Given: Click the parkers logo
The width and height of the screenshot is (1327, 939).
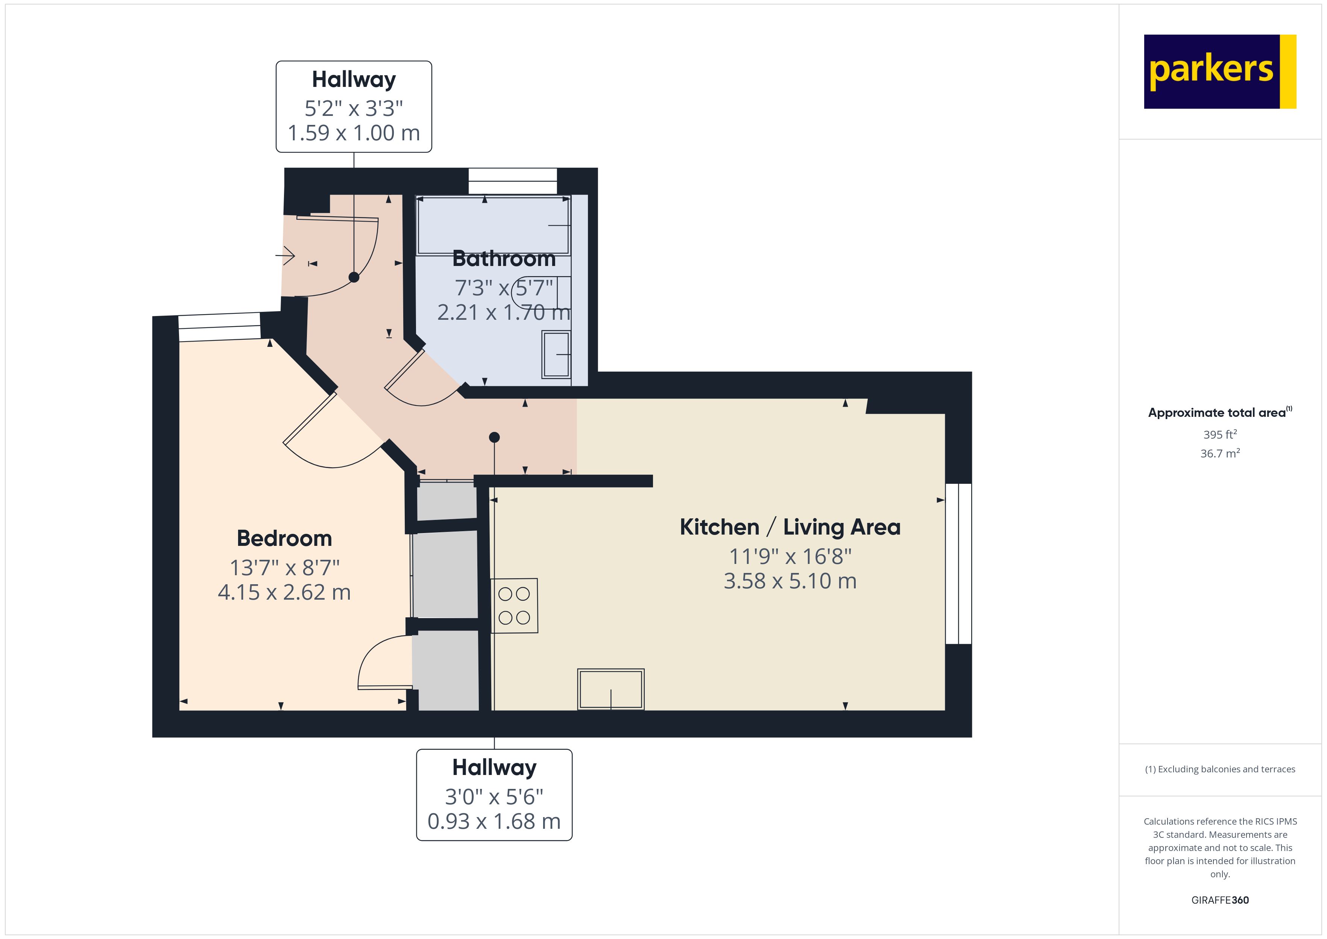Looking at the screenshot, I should click(1219, 72).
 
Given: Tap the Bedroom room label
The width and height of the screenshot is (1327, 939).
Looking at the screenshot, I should click(284, 538).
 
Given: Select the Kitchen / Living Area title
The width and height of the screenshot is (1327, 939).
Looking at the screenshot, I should click(790, 527).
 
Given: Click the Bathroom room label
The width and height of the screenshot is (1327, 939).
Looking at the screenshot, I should click(503, 258).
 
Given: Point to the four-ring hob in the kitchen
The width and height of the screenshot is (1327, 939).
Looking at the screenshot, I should click(514, 605).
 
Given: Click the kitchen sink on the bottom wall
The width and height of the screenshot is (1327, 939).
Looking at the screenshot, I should click(610, 689).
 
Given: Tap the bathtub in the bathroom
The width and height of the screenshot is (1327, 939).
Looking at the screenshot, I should click(493, 225).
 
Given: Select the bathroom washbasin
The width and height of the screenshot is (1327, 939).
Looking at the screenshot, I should click(556, 354).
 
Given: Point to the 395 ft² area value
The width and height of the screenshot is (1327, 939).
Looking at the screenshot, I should click(1219, 434).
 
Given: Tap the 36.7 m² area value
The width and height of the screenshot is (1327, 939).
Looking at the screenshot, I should click(1219, 453).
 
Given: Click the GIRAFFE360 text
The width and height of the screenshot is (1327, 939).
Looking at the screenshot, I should click(1219, 900).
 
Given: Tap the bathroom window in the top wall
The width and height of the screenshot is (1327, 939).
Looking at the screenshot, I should click(512, 181).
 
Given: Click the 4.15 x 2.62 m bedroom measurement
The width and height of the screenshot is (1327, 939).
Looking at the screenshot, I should click(284, 593).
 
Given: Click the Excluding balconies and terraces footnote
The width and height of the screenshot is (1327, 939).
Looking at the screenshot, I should click(1219, 769).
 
